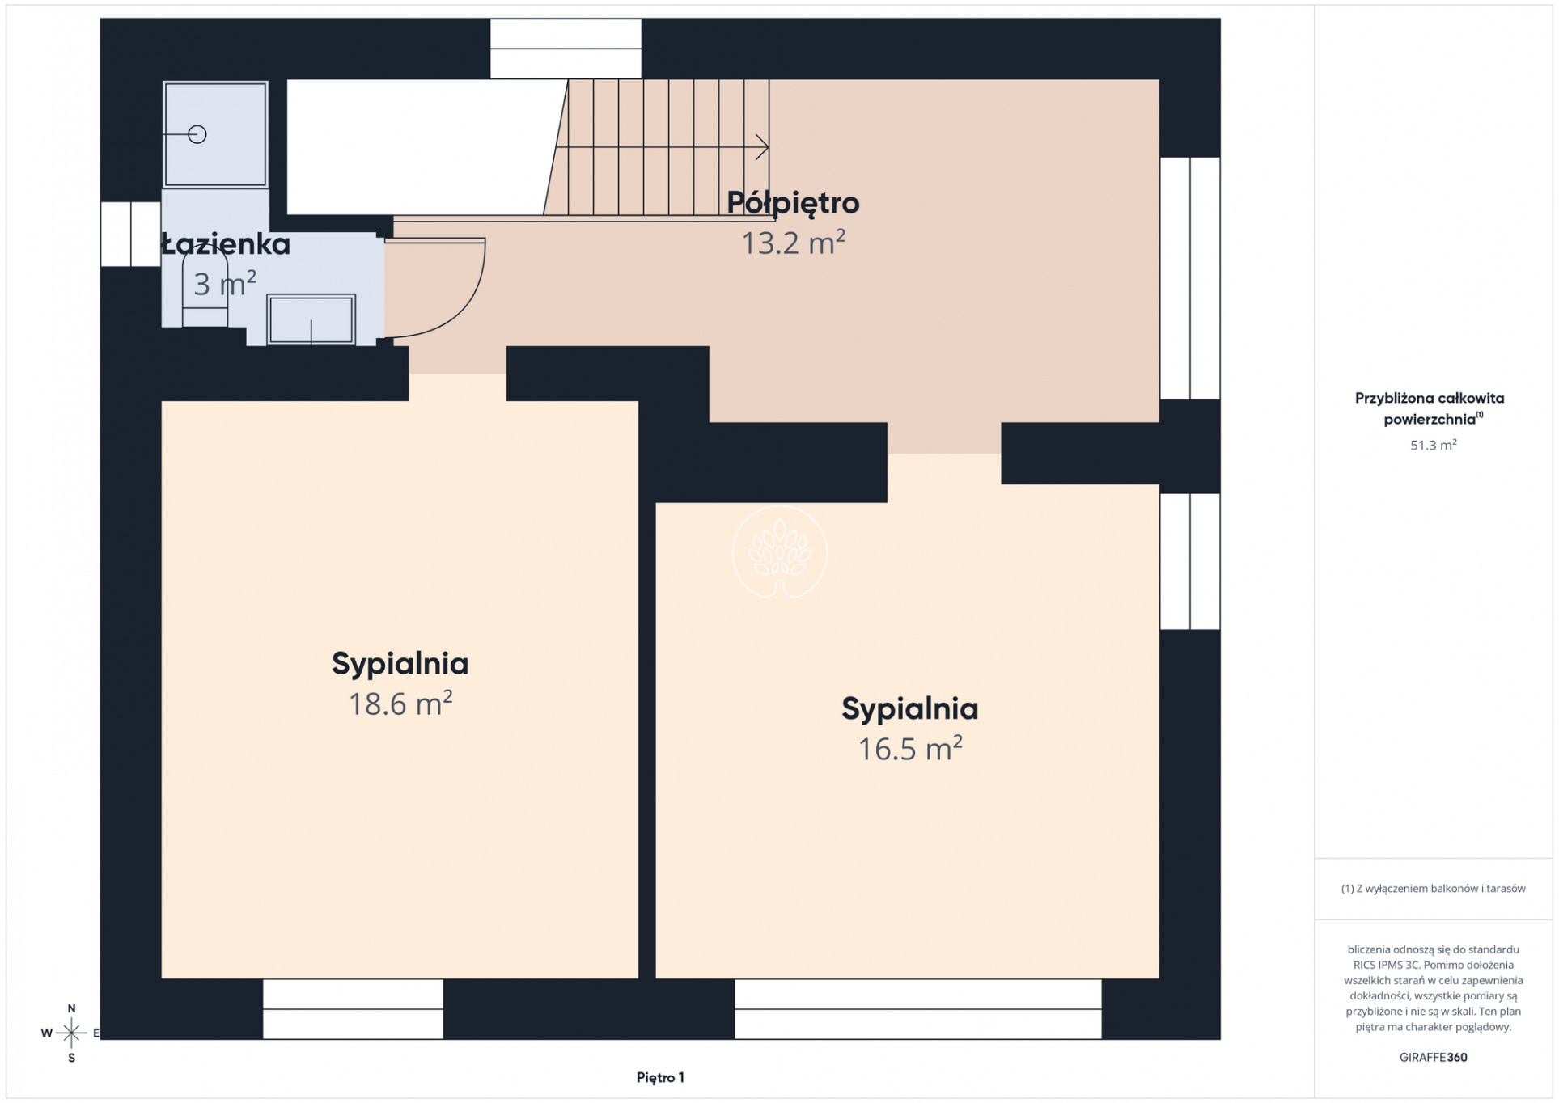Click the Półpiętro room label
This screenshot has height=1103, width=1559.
[793, 203]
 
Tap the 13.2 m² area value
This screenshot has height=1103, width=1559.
[794, 243]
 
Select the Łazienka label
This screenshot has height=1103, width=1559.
[226, 244]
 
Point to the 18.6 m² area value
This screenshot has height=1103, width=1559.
[400, 704]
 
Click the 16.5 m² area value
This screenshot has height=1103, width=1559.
[910, 749]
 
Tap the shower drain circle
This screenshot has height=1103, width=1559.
[197, 134]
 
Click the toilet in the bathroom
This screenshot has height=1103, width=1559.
[205, 291]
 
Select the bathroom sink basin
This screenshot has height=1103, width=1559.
[311, 319]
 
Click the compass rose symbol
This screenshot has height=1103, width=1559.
[71, 1033]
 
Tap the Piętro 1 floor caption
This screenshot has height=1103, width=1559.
[660, 1077]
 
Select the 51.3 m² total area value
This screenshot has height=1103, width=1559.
[1433, 445]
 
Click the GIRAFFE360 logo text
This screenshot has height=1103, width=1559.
[1433, 1057]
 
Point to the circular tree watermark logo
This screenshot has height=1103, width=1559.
[780, 552]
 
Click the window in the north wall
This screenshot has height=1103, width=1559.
[566, 49]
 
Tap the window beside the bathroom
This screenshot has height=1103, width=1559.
[130, 234]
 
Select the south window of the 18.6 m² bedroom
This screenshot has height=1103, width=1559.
[354, 1009]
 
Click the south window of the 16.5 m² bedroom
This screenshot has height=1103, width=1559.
[918, 1009]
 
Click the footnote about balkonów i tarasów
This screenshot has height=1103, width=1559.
[1433, 889]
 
